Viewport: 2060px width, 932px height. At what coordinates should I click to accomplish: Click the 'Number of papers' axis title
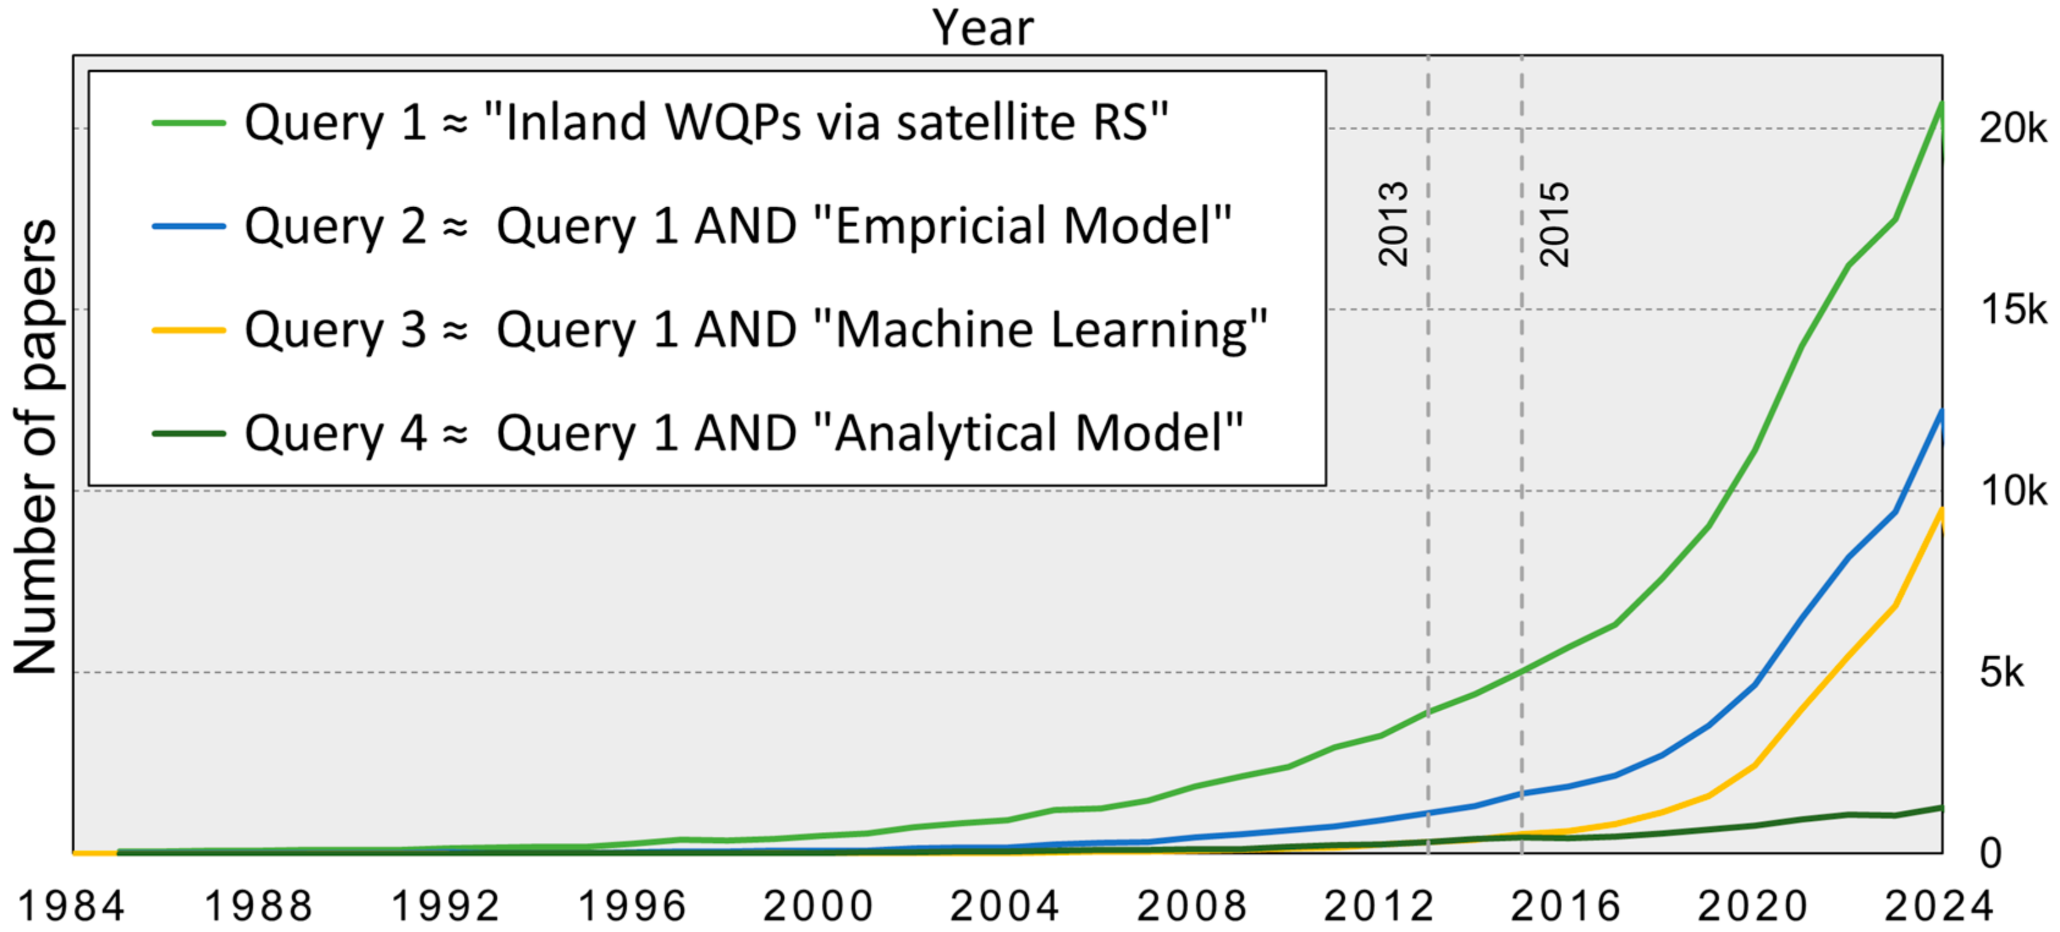tap(36, 446)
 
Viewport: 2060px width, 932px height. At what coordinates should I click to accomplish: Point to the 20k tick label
tap(2012, 128)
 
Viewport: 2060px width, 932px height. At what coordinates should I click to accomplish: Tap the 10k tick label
tap(2012, 490)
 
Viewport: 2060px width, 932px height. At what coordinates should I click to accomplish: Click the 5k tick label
tap(2001, 672)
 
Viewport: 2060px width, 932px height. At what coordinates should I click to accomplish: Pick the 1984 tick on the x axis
tap(71, 906)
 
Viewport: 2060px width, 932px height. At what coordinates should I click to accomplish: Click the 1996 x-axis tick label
tap(632, 906)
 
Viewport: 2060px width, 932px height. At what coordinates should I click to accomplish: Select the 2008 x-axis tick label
tap(1191, 906)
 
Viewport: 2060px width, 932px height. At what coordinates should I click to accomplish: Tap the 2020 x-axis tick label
tap(1752, 906)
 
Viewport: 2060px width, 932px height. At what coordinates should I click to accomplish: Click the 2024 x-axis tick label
tap(1938, 906)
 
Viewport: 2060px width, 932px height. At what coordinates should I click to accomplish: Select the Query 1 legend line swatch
tap(189, 122)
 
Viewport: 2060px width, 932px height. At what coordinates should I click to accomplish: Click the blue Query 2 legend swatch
tap(189, 226)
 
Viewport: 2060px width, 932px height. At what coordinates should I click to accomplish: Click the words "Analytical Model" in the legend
tap(1028, 433)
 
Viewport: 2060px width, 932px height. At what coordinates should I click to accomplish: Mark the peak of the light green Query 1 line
tap(1941, 103)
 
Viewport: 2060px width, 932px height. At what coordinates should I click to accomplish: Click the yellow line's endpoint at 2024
tap(1941, 510)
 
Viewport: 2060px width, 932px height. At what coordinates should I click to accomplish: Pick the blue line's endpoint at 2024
tap(1941, 411)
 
